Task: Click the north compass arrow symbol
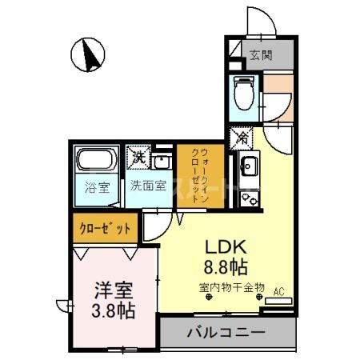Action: pyautogui.click(x=90, y=54)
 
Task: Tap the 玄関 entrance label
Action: pyautogui.click(x=260, y=55)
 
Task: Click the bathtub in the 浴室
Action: pyautogui.click(x=98, y=161)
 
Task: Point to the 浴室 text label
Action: pyautogui.click(x=98, y=190)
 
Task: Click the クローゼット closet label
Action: pyautogui.click(x=104, y=228)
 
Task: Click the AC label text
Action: pyautogui.click(x=280, y=291)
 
